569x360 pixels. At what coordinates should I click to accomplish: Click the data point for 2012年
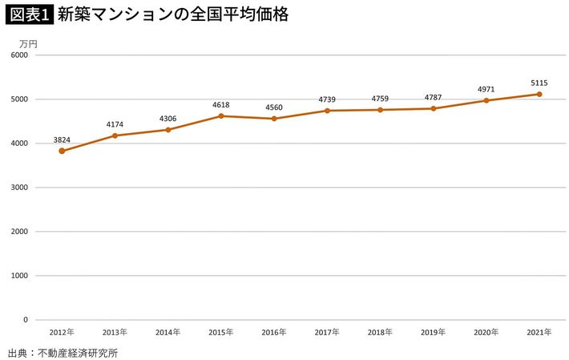(62, 151)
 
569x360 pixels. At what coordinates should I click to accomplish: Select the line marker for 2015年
(221, 116)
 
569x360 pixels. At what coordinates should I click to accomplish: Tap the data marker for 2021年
(539, 94)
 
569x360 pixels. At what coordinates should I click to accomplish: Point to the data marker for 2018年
(380, 110)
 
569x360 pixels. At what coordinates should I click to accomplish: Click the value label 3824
(62, 140)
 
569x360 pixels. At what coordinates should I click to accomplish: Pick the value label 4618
(221, 105)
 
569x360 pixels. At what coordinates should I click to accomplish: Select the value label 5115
(539, 83)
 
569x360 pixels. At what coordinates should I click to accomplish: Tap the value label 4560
(274, 107)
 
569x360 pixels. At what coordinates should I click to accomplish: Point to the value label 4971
(486, 89)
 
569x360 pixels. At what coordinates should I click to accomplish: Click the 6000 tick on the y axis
(18, 55)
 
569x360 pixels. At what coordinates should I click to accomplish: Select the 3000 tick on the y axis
(18, 188)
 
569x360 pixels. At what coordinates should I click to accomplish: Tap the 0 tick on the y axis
(25, 320)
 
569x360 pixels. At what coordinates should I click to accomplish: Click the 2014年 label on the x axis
(167, 332)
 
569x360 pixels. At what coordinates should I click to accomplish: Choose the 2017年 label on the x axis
(327, 332)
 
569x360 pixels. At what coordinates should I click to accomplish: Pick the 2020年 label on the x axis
(486, 332)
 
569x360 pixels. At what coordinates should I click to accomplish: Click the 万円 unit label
(28, 42)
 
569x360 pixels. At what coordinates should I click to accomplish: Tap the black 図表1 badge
(28, 14)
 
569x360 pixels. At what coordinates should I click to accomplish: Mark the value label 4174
(115, 124)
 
